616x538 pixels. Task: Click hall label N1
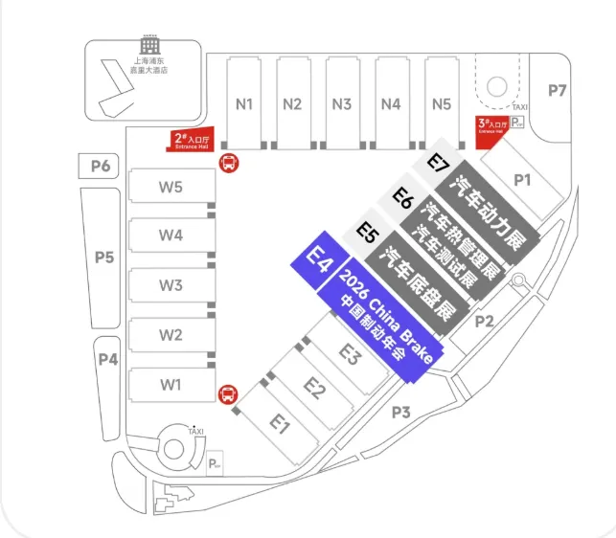coord(244,104)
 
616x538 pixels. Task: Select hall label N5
coord(441,104)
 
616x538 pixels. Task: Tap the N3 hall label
coord(342,104)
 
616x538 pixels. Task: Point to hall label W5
coord(171,187)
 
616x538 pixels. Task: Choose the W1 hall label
coord(171,385)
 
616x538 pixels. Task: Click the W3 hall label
coord(171,285)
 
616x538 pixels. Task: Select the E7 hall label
coord(438,164)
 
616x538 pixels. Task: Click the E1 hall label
coord(279,422)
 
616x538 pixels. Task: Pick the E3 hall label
coord(350,354)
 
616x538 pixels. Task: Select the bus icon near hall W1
coord(228,392)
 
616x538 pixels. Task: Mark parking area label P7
coord(558,90)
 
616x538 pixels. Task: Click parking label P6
coord(101,167)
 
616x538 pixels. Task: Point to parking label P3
coord(400,413)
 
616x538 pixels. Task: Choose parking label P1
coord(522,179)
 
